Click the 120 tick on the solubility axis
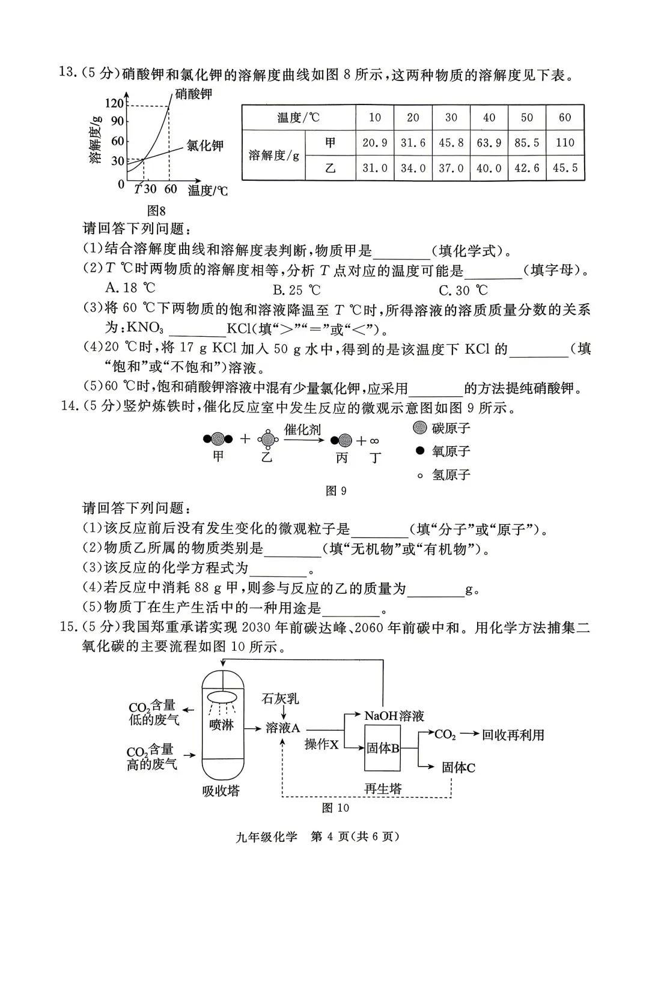pyautogui.click(x=114, y=104)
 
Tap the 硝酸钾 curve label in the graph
pyautogui.click(x=193, y=94)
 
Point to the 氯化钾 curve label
pyautogui.click(x=204, y=145)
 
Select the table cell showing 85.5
pyautogui.click(x=526, y=143)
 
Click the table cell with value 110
pyautogui.click(x=565, y=143)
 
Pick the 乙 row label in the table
pyautogui.click(x=330, y=168)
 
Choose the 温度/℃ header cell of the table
pyautogui.click(x=299, y=118)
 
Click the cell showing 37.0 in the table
pyautogui.click(x=451, y=168)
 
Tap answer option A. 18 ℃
pyautogui.click(x=130, y=288)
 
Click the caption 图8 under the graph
pyautogui.click(x=156, y=211)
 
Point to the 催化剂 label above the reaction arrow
pyautogui.click(x=302, y=429)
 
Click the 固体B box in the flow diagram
pyautogui.click(x=383, y=748)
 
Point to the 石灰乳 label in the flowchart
pyautogui.click(x=280, y=698)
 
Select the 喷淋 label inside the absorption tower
pyautogui.click(x=221, y=725)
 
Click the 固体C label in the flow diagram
pyautogui.click(x=459, y=767)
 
